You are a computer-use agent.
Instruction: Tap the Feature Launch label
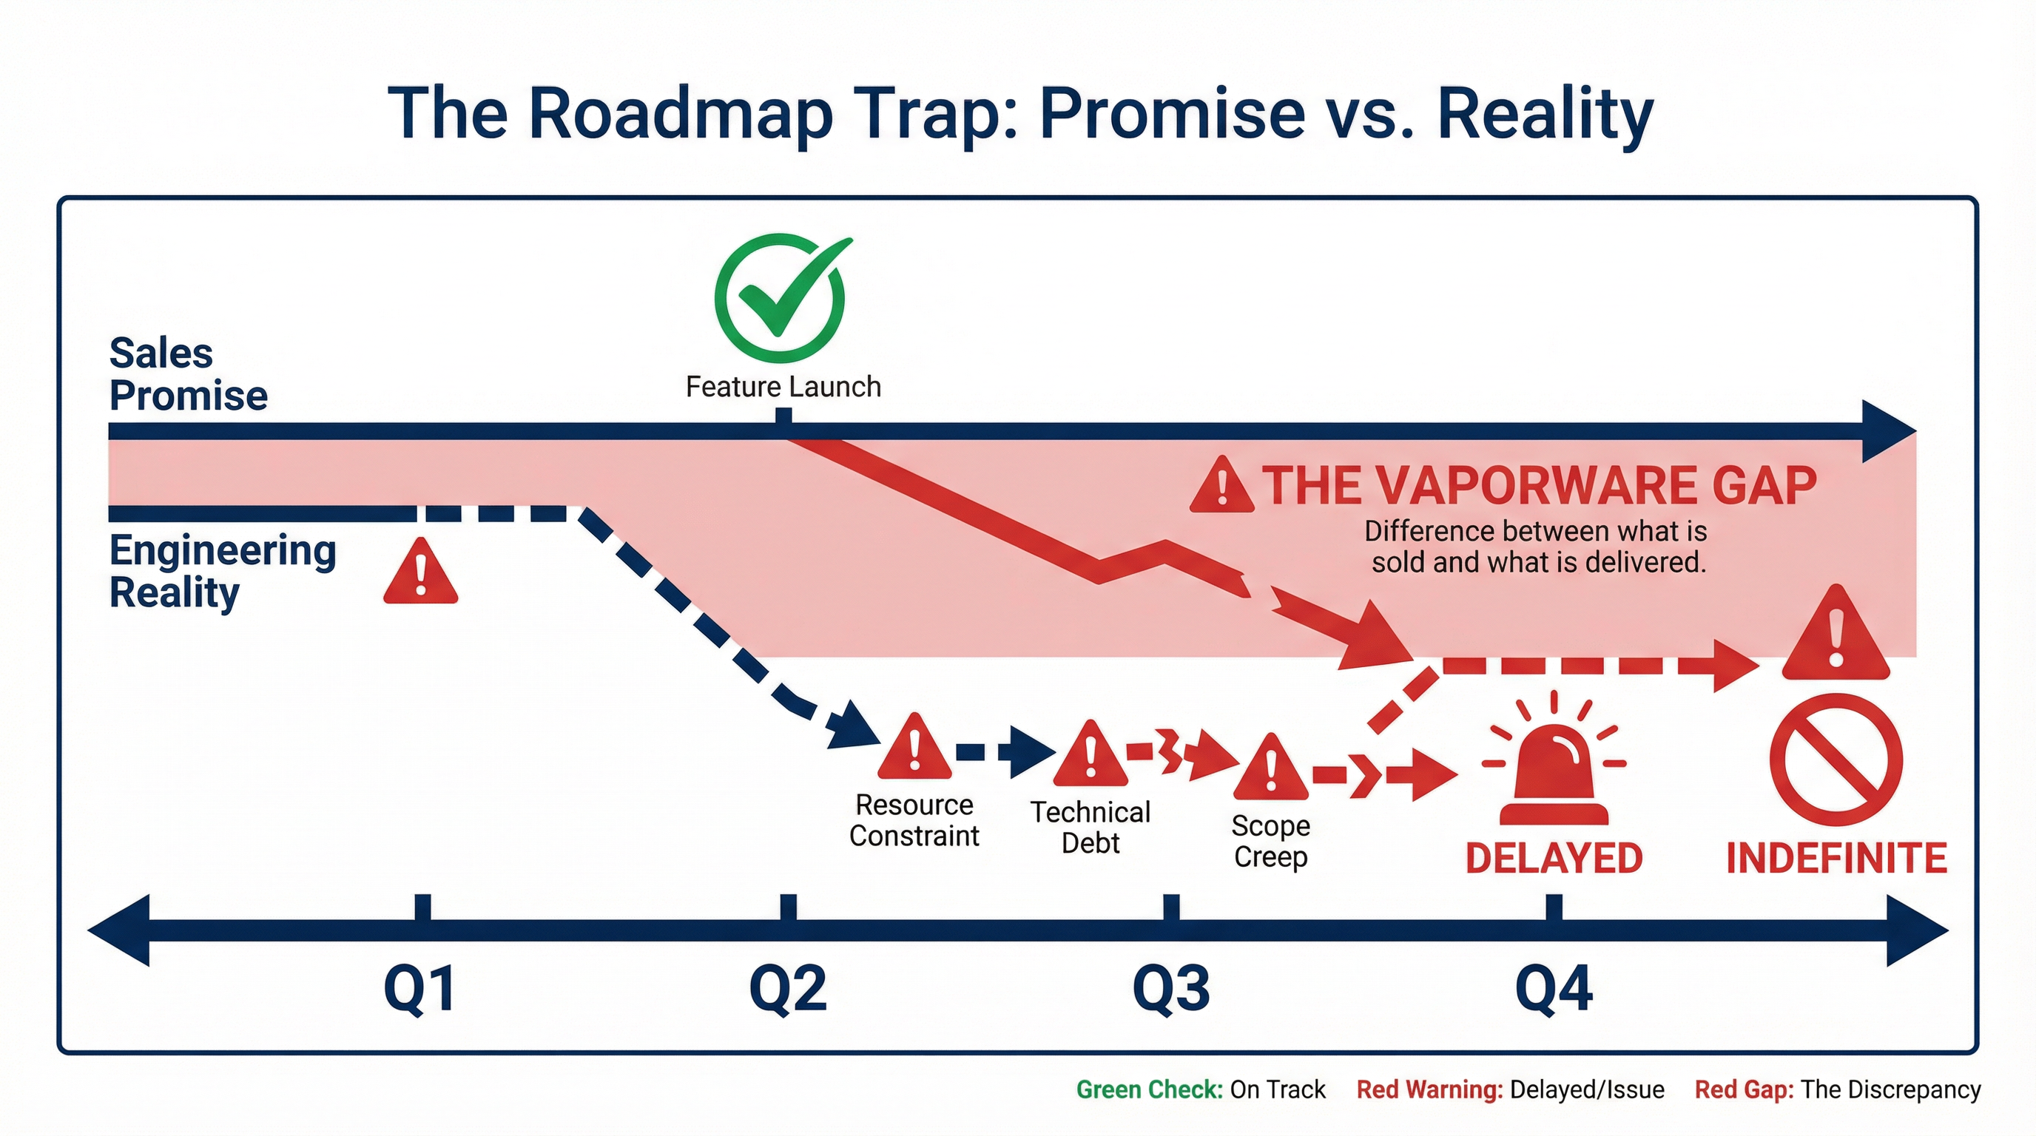pyautogui.click(x=783, y=387)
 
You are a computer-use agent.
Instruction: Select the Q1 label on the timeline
pyautogui.click(x=419, y=988)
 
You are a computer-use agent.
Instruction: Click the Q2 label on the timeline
pyautogui.click(x=788, y=988)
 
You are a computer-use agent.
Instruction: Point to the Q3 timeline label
pyautogui.click(x=1171, y=988)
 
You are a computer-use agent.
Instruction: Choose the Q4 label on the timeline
pyautogui.click(x=1554, y=988)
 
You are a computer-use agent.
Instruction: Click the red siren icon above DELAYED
pyautogui.click(x=1554, y=770)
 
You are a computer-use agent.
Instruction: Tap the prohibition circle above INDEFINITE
pyautogui.click(x=1836, y=760)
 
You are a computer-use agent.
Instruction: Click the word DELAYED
pyautogui.click(x=1554, y=859)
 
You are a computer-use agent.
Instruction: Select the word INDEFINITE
pyautogui.click(x=1836, y=859)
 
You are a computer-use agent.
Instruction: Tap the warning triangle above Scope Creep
pyautogui.click(x=1270, y=768)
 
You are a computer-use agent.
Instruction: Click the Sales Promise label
pyautogui.click(x=188, y=373)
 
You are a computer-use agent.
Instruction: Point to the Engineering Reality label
pyautogui.click(x=222, y=571)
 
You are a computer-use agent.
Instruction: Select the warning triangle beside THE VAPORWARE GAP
pyautogui.click(x=1221, y=486)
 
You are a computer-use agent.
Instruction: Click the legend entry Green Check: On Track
pyautogui.click(x=1200, y=1089)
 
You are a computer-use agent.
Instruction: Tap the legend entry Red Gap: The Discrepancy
pyautogui.click(x=1837, y=1089)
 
